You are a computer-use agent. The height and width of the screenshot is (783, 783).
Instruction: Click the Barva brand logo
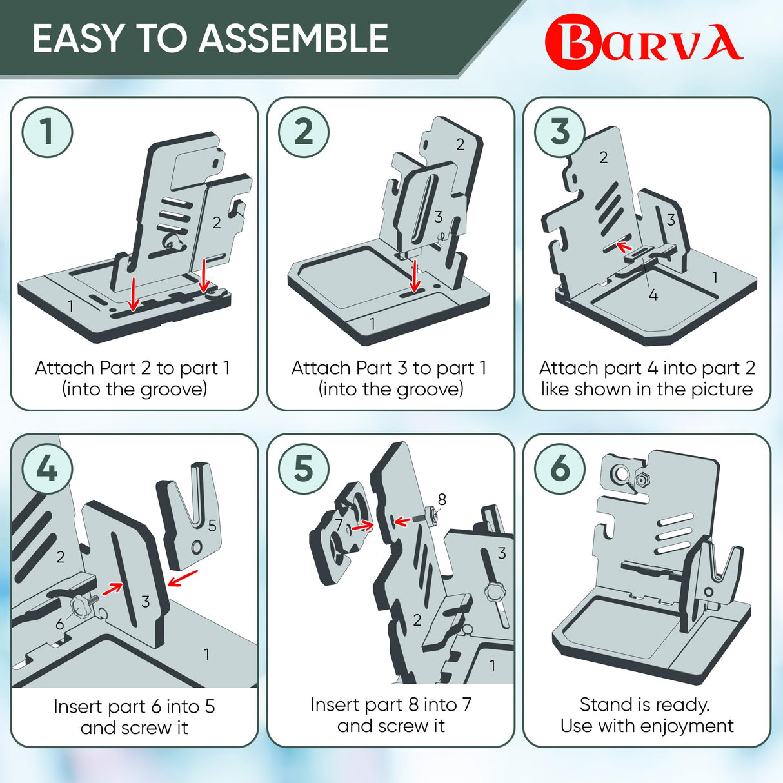point(643,43)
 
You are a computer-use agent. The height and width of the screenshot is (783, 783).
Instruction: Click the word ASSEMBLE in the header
point(293,39)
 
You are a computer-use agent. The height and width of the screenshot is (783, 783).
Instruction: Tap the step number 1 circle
point(47,132)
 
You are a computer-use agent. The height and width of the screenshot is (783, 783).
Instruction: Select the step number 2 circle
point(304,132)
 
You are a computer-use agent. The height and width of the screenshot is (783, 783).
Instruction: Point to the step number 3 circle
point(560,132)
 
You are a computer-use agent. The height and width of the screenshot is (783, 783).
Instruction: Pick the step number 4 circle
point(47,469)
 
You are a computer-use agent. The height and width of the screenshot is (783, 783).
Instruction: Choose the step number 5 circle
point(304,469)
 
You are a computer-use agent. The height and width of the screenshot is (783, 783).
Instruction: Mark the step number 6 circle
point(560,469)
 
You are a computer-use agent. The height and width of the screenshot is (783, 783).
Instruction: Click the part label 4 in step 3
point(653,295)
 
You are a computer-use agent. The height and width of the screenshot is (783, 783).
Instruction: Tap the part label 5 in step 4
point(212,526)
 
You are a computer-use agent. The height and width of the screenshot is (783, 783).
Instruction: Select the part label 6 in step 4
point(60,624)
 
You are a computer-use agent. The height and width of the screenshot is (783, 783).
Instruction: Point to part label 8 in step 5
point(442,499)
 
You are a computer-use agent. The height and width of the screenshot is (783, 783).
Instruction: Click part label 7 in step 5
point(339,525)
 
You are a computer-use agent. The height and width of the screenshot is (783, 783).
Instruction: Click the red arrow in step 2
point(415,275)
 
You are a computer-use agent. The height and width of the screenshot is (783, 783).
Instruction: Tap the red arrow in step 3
point(623,246)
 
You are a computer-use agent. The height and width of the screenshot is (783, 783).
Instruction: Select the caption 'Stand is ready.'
point(644,704)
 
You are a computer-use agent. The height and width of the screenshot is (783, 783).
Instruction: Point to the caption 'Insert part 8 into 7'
point(391,704)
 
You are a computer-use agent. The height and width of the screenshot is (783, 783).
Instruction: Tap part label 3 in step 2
point(439,217)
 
